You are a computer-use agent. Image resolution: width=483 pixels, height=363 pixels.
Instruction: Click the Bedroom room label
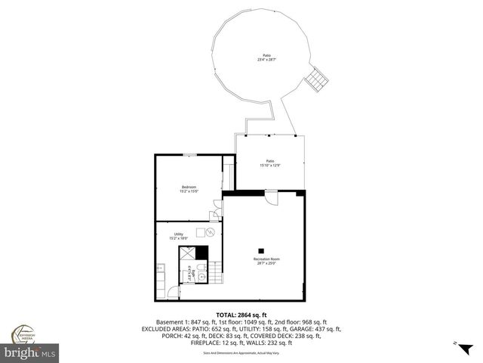pyautogui.click(x=189, y=187)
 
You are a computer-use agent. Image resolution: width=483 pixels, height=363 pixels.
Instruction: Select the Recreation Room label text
pyautogui.click(x=262, y=259)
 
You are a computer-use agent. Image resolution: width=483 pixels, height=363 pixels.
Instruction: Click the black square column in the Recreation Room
pyautogui.click(x=262, y=250)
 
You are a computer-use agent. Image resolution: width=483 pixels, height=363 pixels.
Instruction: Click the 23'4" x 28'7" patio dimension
pyautogui.click(x=266, y=60)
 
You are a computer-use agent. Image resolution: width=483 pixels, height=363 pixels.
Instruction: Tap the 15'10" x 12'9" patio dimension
pyautogui.click(x=270, y=165)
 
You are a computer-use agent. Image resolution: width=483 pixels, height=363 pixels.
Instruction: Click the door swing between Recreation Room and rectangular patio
pyautogui.click(x=272, y=198)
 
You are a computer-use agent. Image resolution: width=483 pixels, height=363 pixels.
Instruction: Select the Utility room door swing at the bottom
pyautogui.click(x=173, y=290)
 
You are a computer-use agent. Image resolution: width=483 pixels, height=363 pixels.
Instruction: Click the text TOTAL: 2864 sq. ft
pyautogui.click(x=241, y=315)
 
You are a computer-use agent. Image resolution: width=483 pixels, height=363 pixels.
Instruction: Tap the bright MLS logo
pyautogui.click(x=30, y=352)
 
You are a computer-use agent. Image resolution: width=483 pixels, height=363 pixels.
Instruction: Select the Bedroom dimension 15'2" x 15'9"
pyautogui.click(x=189, y=191)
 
